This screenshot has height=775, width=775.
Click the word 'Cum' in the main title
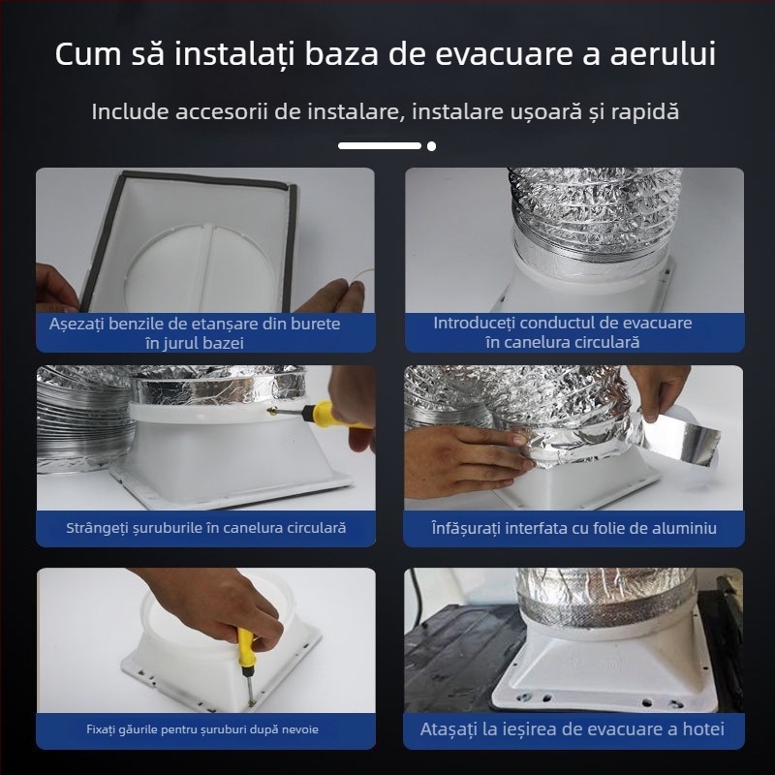click(x=89, y=54)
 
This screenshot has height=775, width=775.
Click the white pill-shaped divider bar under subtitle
click(x=380, y=146)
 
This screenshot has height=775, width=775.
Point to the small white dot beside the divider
click(x=431, y=146)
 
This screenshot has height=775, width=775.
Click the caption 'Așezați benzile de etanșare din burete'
click(x=195, y=324)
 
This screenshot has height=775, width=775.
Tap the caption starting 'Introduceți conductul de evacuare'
click(x=562, y=323)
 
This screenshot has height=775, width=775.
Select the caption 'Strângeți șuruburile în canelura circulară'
click(x=205, y=528)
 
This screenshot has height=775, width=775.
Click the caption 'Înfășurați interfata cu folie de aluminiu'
click(x=573, y=528)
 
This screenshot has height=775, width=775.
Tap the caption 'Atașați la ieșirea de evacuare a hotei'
click(x=572, y=728)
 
